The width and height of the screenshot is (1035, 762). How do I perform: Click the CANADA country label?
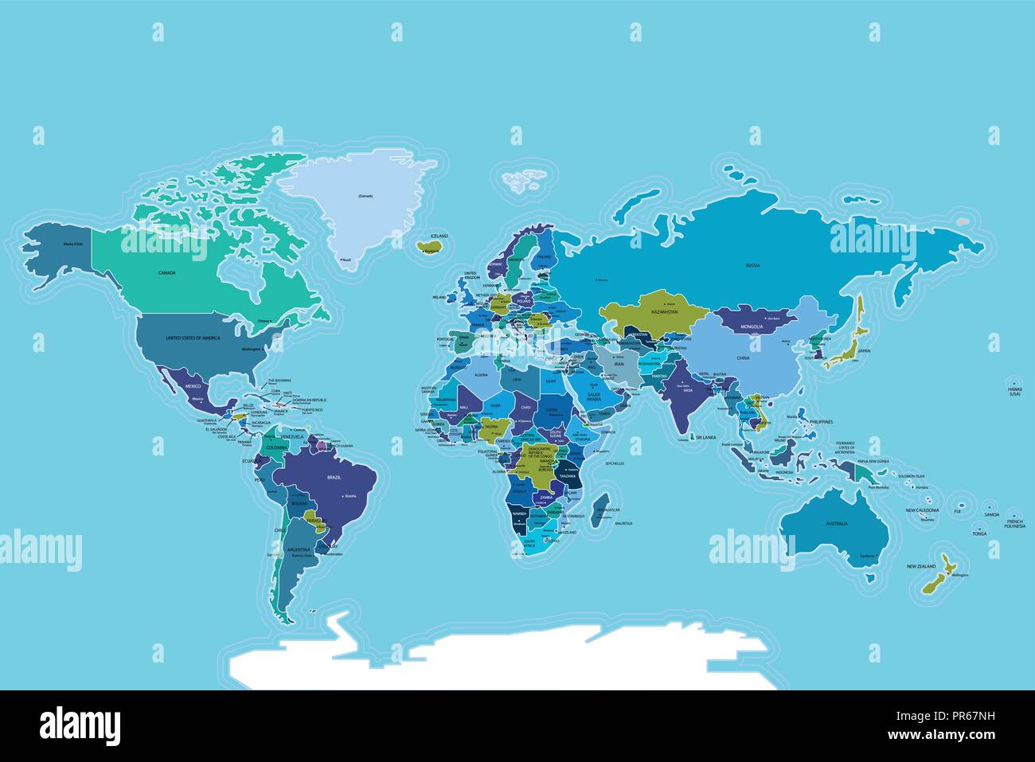tap(166, 272)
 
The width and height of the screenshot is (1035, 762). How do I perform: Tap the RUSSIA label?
tap(752, 264)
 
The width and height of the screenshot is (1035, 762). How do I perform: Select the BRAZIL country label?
tap(334, 477)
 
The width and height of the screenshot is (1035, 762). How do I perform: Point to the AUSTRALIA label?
tap(836, 523)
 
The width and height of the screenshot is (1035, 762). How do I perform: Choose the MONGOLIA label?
tap(752, 326)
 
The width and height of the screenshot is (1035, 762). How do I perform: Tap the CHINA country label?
tap(743, 358)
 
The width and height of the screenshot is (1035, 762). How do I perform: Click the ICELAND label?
tap(439, 236)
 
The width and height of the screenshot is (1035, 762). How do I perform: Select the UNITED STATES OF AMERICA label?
tap(192, 338)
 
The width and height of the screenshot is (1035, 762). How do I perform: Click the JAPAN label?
tap(864, 350)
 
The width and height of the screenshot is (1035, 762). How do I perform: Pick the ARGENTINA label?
tap(298, 549)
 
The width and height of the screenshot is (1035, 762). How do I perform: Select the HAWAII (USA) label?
tap(1014, 392)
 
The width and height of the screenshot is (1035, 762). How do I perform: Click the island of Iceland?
tap(430, 245)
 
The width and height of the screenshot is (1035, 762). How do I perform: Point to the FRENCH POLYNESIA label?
tap(1014, 524)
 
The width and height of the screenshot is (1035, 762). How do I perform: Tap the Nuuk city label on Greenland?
tap(346, 260)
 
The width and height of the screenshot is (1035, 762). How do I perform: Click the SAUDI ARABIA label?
tap(593, 396)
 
